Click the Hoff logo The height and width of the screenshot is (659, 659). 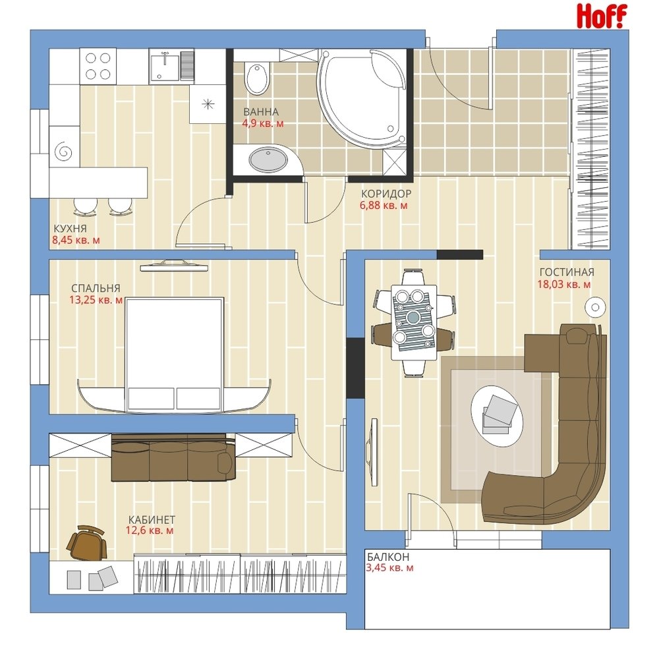(602, 16)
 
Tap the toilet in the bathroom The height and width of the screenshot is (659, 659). (257, 78)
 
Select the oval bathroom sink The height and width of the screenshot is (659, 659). (268, 159)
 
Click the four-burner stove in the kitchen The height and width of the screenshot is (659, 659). (98, 66)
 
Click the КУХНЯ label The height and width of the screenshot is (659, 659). (71, 229)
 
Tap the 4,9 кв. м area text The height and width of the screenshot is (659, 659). (263, 124)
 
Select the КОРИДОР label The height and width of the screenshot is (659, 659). (386, 194)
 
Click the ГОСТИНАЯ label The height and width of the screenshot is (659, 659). (567, 272)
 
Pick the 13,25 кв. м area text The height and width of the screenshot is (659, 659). (96, 300)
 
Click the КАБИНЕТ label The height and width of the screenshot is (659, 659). (152, 520)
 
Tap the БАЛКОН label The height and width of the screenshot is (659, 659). (388, 557)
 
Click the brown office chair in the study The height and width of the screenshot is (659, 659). (86, 542)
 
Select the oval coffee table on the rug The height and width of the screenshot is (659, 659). (497, 416)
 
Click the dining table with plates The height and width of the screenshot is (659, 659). (414, 322)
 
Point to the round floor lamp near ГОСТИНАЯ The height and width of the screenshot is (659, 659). (595, 307)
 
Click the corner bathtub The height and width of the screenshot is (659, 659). (362, 98)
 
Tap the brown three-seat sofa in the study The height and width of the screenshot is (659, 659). (173, 457)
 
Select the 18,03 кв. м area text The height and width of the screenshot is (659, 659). (564, 285)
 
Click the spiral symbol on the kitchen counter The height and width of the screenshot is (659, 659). (63, 150)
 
